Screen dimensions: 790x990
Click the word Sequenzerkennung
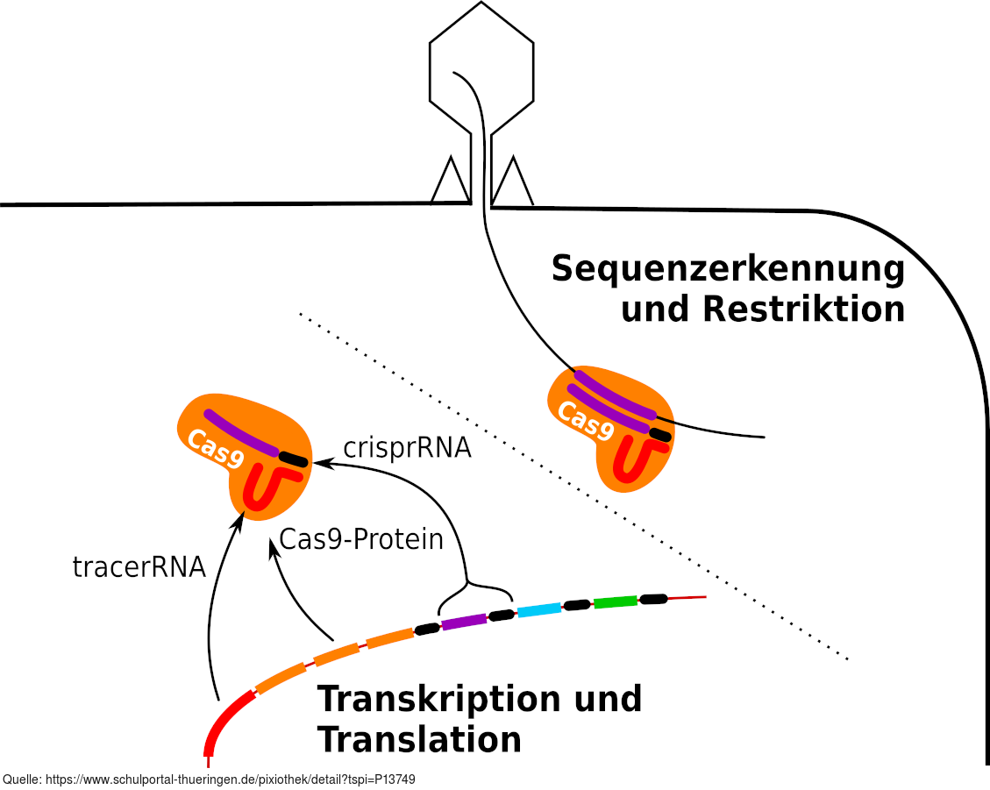click(x=728, y=269)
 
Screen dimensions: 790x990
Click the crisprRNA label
click(x=407, y=448)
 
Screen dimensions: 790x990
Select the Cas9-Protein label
click(x=361, y=539)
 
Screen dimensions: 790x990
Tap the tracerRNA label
click(x=139, y=567)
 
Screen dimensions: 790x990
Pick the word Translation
click(x=419, y=740)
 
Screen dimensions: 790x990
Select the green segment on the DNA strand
click(x=615, y=602)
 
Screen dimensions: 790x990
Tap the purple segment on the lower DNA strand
click(x=464, y=622)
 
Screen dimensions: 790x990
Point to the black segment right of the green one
click(x=653, y=599)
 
